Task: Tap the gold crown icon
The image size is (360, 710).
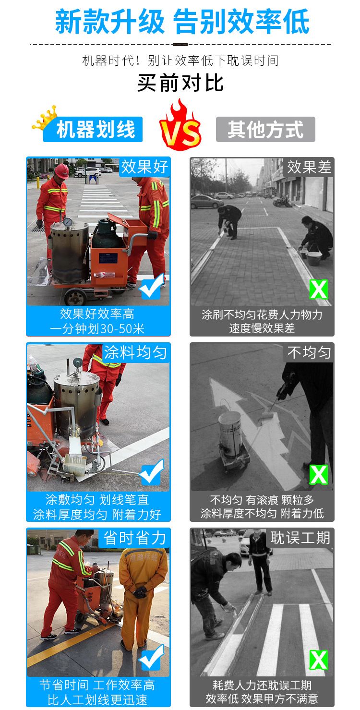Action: (45, 118)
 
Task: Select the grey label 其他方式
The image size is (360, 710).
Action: (265, 129)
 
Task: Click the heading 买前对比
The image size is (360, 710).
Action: (180, 83)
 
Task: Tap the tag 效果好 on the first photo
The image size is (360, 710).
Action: (144, 167)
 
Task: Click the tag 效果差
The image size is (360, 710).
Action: (309, 167)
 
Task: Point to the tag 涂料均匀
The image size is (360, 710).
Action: (135, 352)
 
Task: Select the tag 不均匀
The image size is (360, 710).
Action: (309, 352)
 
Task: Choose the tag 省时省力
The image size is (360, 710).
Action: (135, 538)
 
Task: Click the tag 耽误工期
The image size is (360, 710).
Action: (300, 538)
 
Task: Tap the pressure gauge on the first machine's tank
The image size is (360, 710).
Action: (67, 222)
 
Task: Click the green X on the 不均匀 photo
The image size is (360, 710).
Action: (319, 474)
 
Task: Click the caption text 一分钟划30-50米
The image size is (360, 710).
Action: (97, 329)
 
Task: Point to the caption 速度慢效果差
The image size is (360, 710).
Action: (262, 328)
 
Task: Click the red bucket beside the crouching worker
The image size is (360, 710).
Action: (314, 257)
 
